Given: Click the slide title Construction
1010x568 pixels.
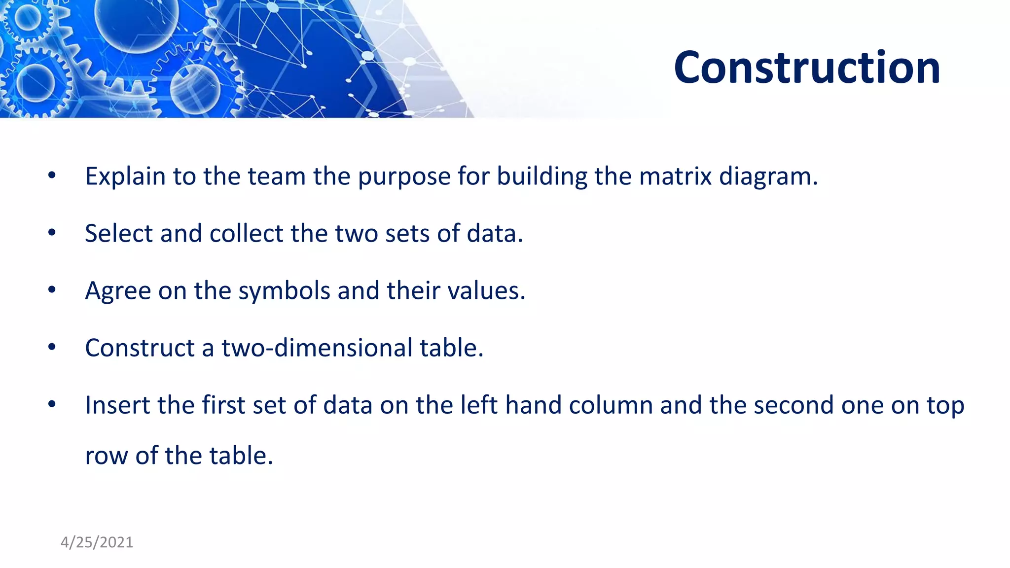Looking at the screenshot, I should pyautogui.click(x=807, y=68).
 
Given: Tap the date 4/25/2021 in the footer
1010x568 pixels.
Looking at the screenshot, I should pyautogui.click(x=97, y=542).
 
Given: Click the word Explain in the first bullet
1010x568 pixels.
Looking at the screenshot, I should pyautogui.click(x=125, y=177).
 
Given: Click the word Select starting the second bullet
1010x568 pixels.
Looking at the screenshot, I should pyautogui.click(x=118, y=234).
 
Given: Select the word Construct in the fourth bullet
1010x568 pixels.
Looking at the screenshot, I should pyautogui.click(x=140, y=348).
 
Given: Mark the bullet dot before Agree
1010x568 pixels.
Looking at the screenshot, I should pyautogui.click(x=52, y=290).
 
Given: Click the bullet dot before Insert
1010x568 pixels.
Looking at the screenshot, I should pyautogui.click(x=52, y=404).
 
